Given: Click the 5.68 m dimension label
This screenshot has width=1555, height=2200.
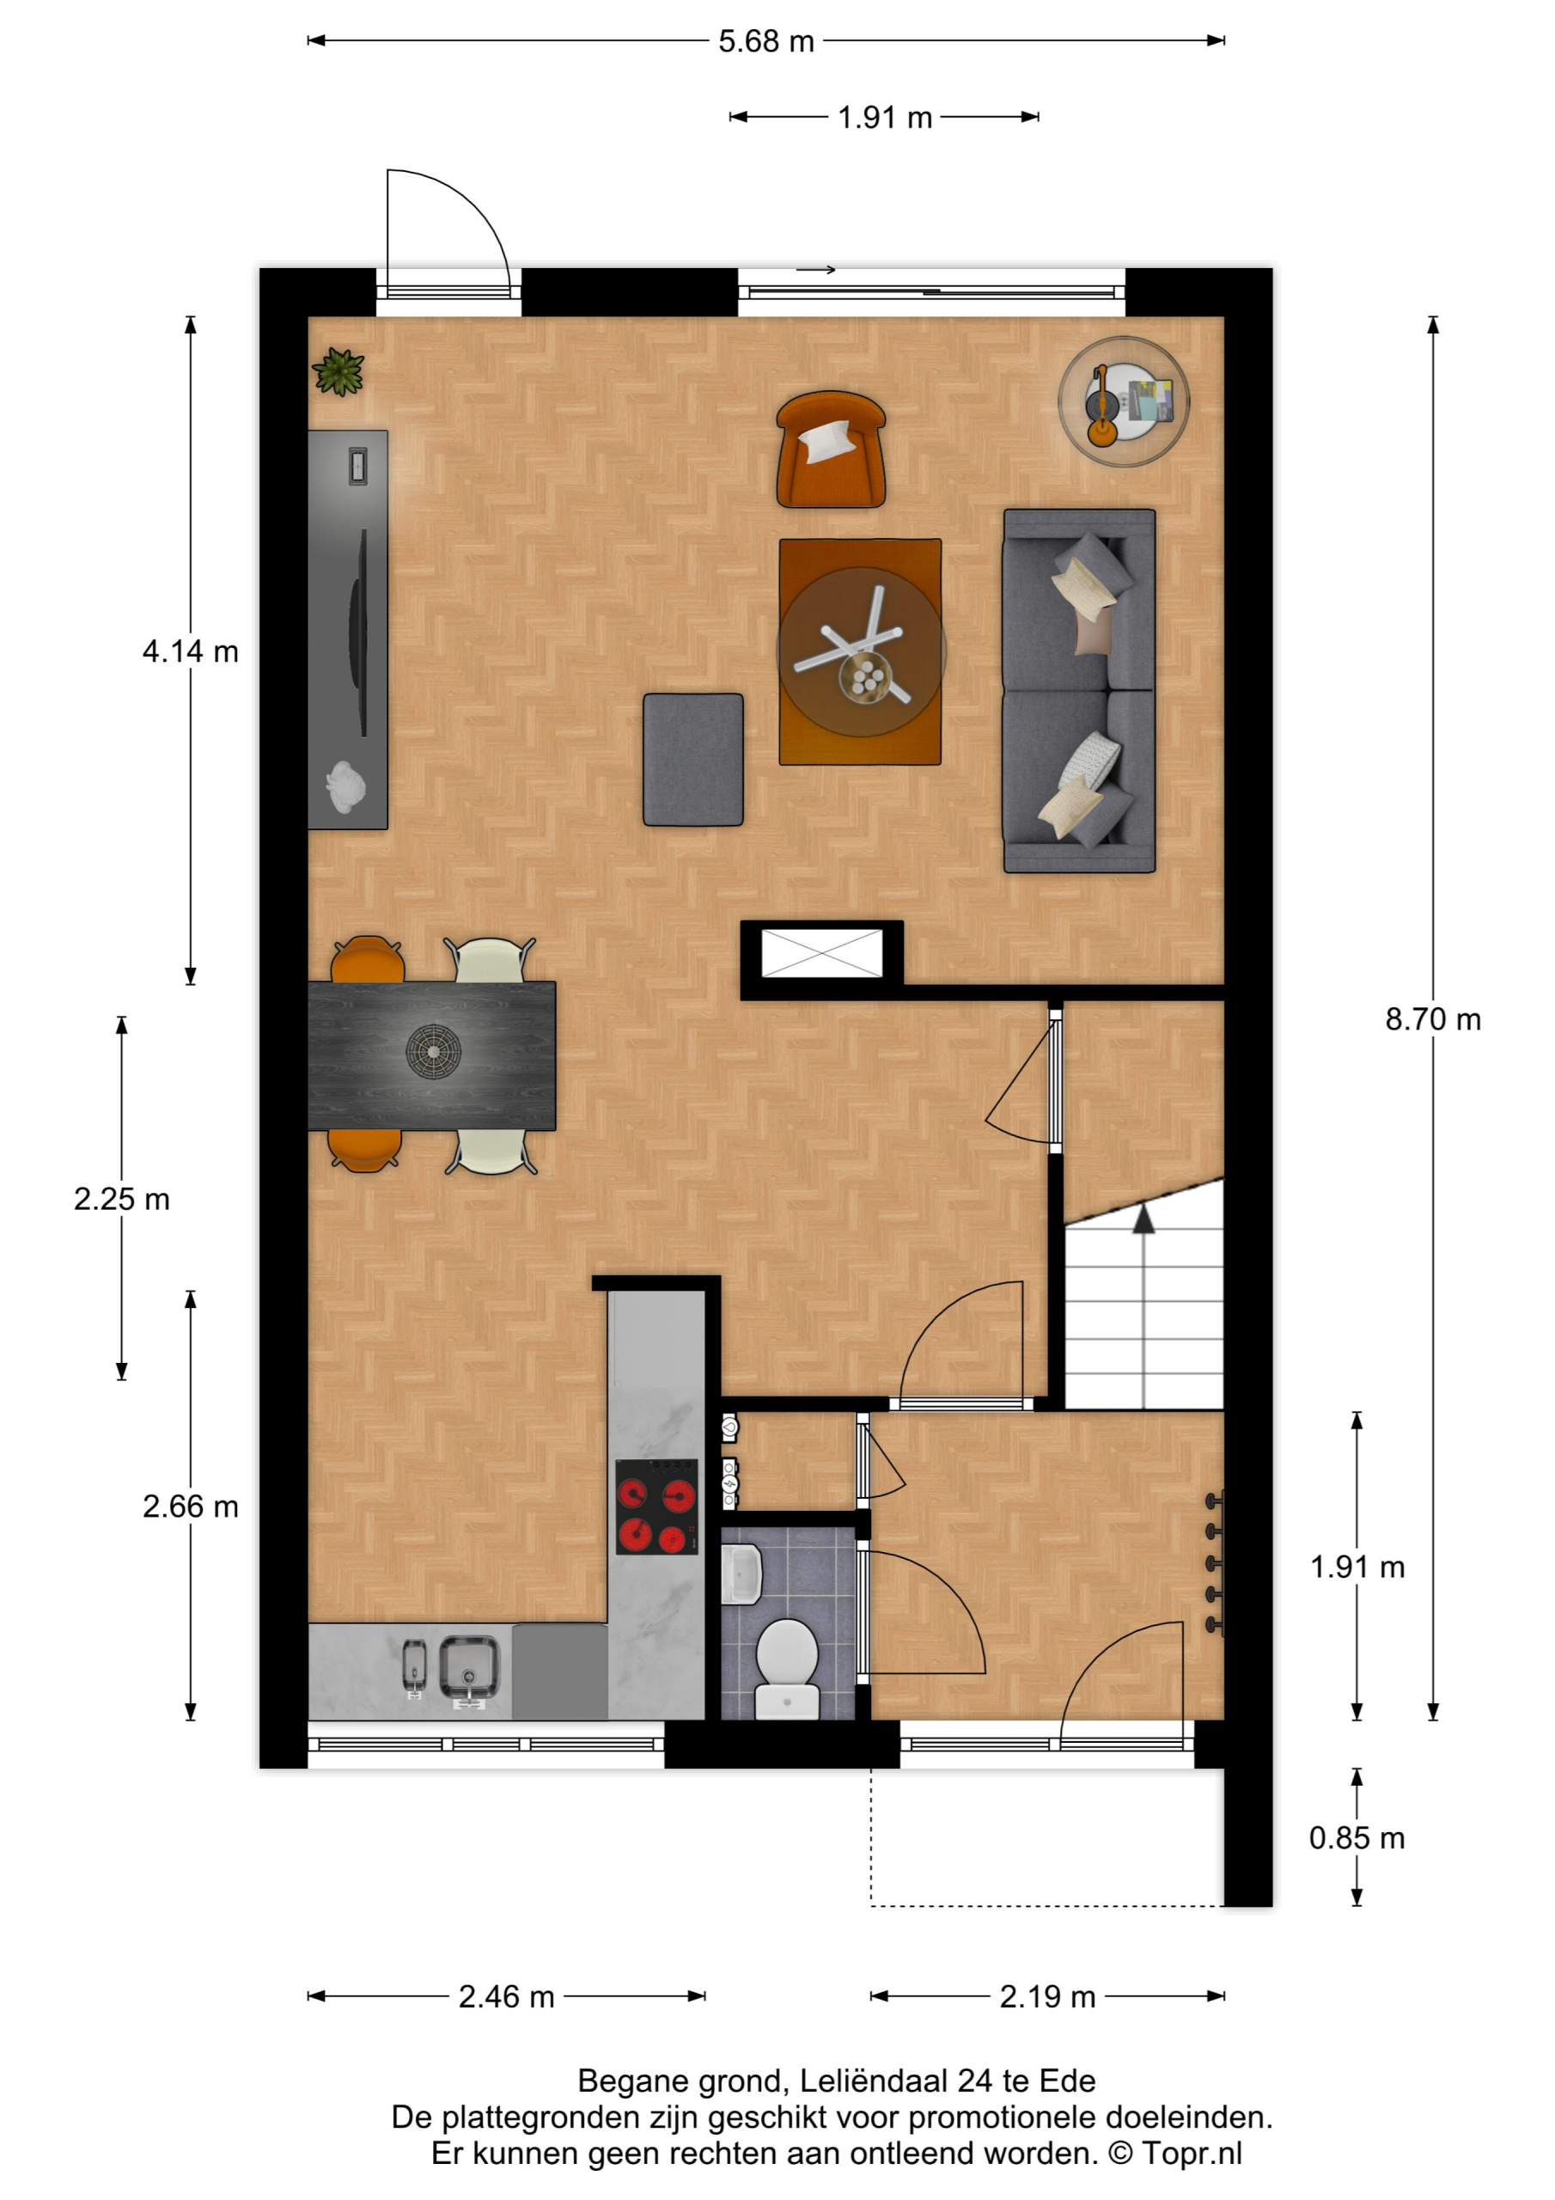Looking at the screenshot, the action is pyautogui.click(x=765, y=41).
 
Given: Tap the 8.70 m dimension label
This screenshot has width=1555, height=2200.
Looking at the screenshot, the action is pyautogui.click(x=1432, y=1018).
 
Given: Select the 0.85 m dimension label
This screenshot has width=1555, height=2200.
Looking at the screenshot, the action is pyautogui.click(x=1357, y=1838).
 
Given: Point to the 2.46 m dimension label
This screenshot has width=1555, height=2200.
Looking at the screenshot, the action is pyautogui.click(x=506, y=1996).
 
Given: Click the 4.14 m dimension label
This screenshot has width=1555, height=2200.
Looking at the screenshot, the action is pyautogui.click(x=190, y=651).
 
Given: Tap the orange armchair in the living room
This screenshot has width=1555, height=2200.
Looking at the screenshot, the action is pyautogui.click(x=831, y=449).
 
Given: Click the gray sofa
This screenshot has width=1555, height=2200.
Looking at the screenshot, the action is pyautogui.click(x=1079, y=690).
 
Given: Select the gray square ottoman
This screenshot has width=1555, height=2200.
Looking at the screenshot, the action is pyautogui.click(x=692, y=760).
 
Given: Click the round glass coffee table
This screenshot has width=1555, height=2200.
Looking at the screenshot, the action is pyautogui.click(x=860, y=651).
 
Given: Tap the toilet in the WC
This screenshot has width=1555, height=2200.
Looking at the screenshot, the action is pyautogui.click(x=787, y=1668).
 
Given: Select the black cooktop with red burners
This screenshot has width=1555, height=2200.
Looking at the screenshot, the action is pyautogui.click(x=656, y=1506).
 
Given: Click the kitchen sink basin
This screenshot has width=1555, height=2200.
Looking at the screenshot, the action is pyautogui.click(x=468, y=1667).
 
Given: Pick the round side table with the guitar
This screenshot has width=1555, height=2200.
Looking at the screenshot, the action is pyautogui.click(x=1123, y=401).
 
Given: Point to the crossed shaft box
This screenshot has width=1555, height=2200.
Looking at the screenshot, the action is pyautogui.click(x=821, y=953).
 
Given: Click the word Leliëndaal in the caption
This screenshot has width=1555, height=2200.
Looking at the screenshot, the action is pyautogui.click(x=874, y=2081).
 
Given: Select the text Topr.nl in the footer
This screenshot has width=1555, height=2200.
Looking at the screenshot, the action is pyautogui.click(x=1191, y=2154).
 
